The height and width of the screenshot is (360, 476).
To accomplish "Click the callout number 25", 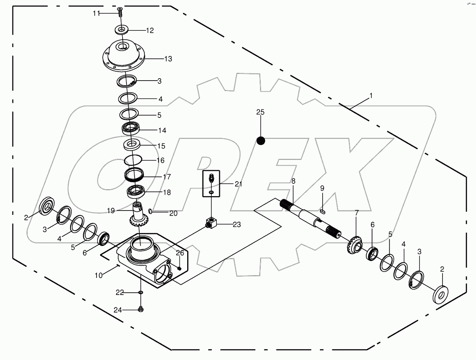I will pos(260,112).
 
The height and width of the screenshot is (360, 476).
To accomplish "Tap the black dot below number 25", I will pos(261,140).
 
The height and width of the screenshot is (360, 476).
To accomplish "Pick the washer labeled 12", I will pos(122,30).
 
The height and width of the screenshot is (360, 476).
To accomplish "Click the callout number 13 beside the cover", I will pos(168,59).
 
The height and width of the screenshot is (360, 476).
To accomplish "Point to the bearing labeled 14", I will pos(131,128).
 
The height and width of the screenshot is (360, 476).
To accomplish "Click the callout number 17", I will pos(167,177).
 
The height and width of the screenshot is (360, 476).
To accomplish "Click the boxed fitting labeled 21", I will pos(211,182).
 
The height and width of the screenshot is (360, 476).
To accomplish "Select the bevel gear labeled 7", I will pos(354,245).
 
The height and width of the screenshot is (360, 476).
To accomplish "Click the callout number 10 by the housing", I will pos(98,275).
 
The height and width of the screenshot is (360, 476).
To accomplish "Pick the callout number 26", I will pos(179,253).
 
